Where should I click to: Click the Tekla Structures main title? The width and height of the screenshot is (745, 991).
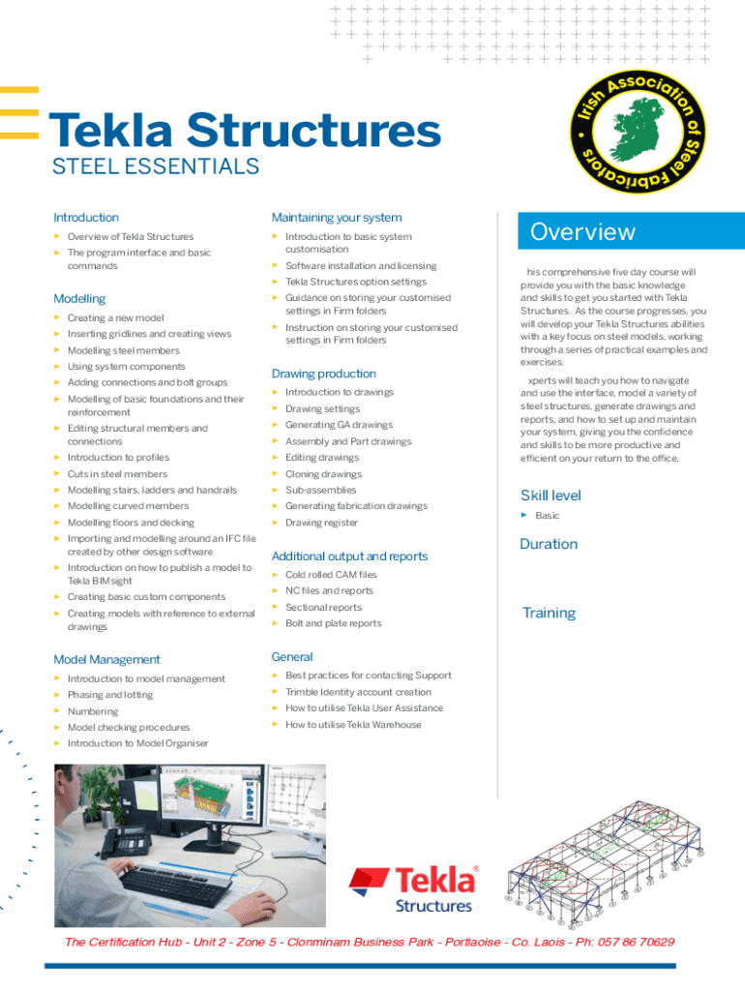point(244,131)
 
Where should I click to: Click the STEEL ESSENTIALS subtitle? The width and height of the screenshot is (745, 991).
point(155,166)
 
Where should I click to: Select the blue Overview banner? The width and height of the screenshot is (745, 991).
point(630,232)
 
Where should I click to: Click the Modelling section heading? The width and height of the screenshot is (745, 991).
point(79,299)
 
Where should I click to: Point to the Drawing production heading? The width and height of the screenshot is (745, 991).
point(323,374)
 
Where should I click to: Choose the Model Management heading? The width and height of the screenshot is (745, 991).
point(106,660)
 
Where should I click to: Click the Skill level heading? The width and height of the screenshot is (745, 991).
point(551,495)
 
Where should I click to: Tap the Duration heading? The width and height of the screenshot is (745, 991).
point(549,544)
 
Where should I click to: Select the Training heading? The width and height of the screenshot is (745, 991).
point(549,613)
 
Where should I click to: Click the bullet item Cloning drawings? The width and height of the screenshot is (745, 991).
point(323,474)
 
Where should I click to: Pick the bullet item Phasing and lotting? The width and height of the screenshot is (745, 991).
point(109,695)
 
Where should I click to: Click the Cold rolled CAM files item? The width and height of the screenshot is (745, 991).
point(331,575)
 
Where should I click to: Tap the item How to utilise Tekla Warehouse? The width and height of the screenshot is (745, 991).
point(353,724)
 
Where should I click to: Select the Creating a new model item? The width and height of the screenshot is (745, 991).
point(115,317)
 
